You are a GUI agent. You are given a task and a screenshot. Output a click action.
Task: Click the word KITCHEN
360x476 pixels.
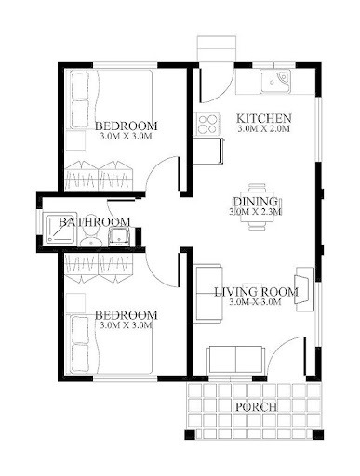click(264, 119)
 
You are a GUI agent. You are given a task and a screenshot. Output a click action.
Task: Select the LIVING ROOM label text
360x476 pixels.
click(256, 292)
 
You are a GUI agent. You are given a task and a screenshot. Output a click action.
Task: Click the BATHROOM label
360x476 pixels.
click(94, 222)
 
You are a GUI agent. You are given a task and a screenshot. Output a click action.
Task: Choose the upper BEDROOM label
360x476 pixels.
click(126, 126)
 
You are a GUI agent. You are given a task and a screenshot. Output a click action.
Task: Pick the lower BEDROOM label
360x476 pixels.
click(126, 314)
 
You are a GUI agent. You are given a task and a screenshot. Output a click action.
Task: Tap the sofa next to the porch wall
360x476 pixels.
click(235, 358)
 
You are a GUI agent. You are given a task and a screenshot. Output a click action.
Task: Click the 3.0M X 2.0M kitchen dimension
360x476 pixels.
click(264, 131)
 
